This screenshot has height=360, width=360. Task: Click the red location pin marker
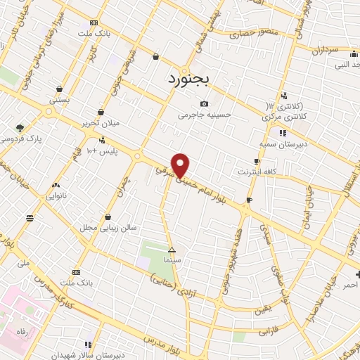[181, 165]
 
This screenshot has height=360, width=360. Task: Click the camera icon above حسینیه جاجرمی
[204, 104]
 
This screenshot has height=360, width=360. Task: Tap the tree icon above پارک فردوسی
[20, 128]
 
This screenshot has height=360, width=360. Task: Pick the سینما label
[172, 259]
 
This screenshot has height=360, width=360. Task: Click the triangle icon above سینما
[172, 250]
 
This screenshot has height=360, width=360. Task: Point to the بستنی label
[59, 101]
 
